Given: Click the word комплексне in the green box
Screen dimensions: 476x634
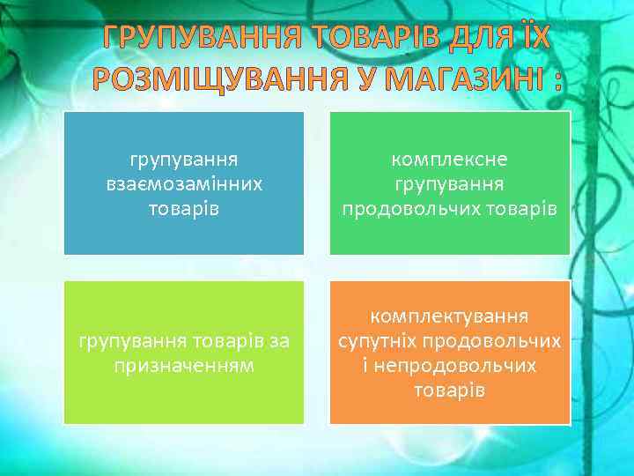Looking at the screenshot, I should (x=450, y=160).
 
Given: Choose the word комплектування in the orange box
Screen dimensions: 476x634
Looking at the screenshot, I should (x=450, y=316).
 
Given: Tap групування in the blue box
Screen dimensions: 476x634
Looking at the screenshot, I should (x=184, y=160).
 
